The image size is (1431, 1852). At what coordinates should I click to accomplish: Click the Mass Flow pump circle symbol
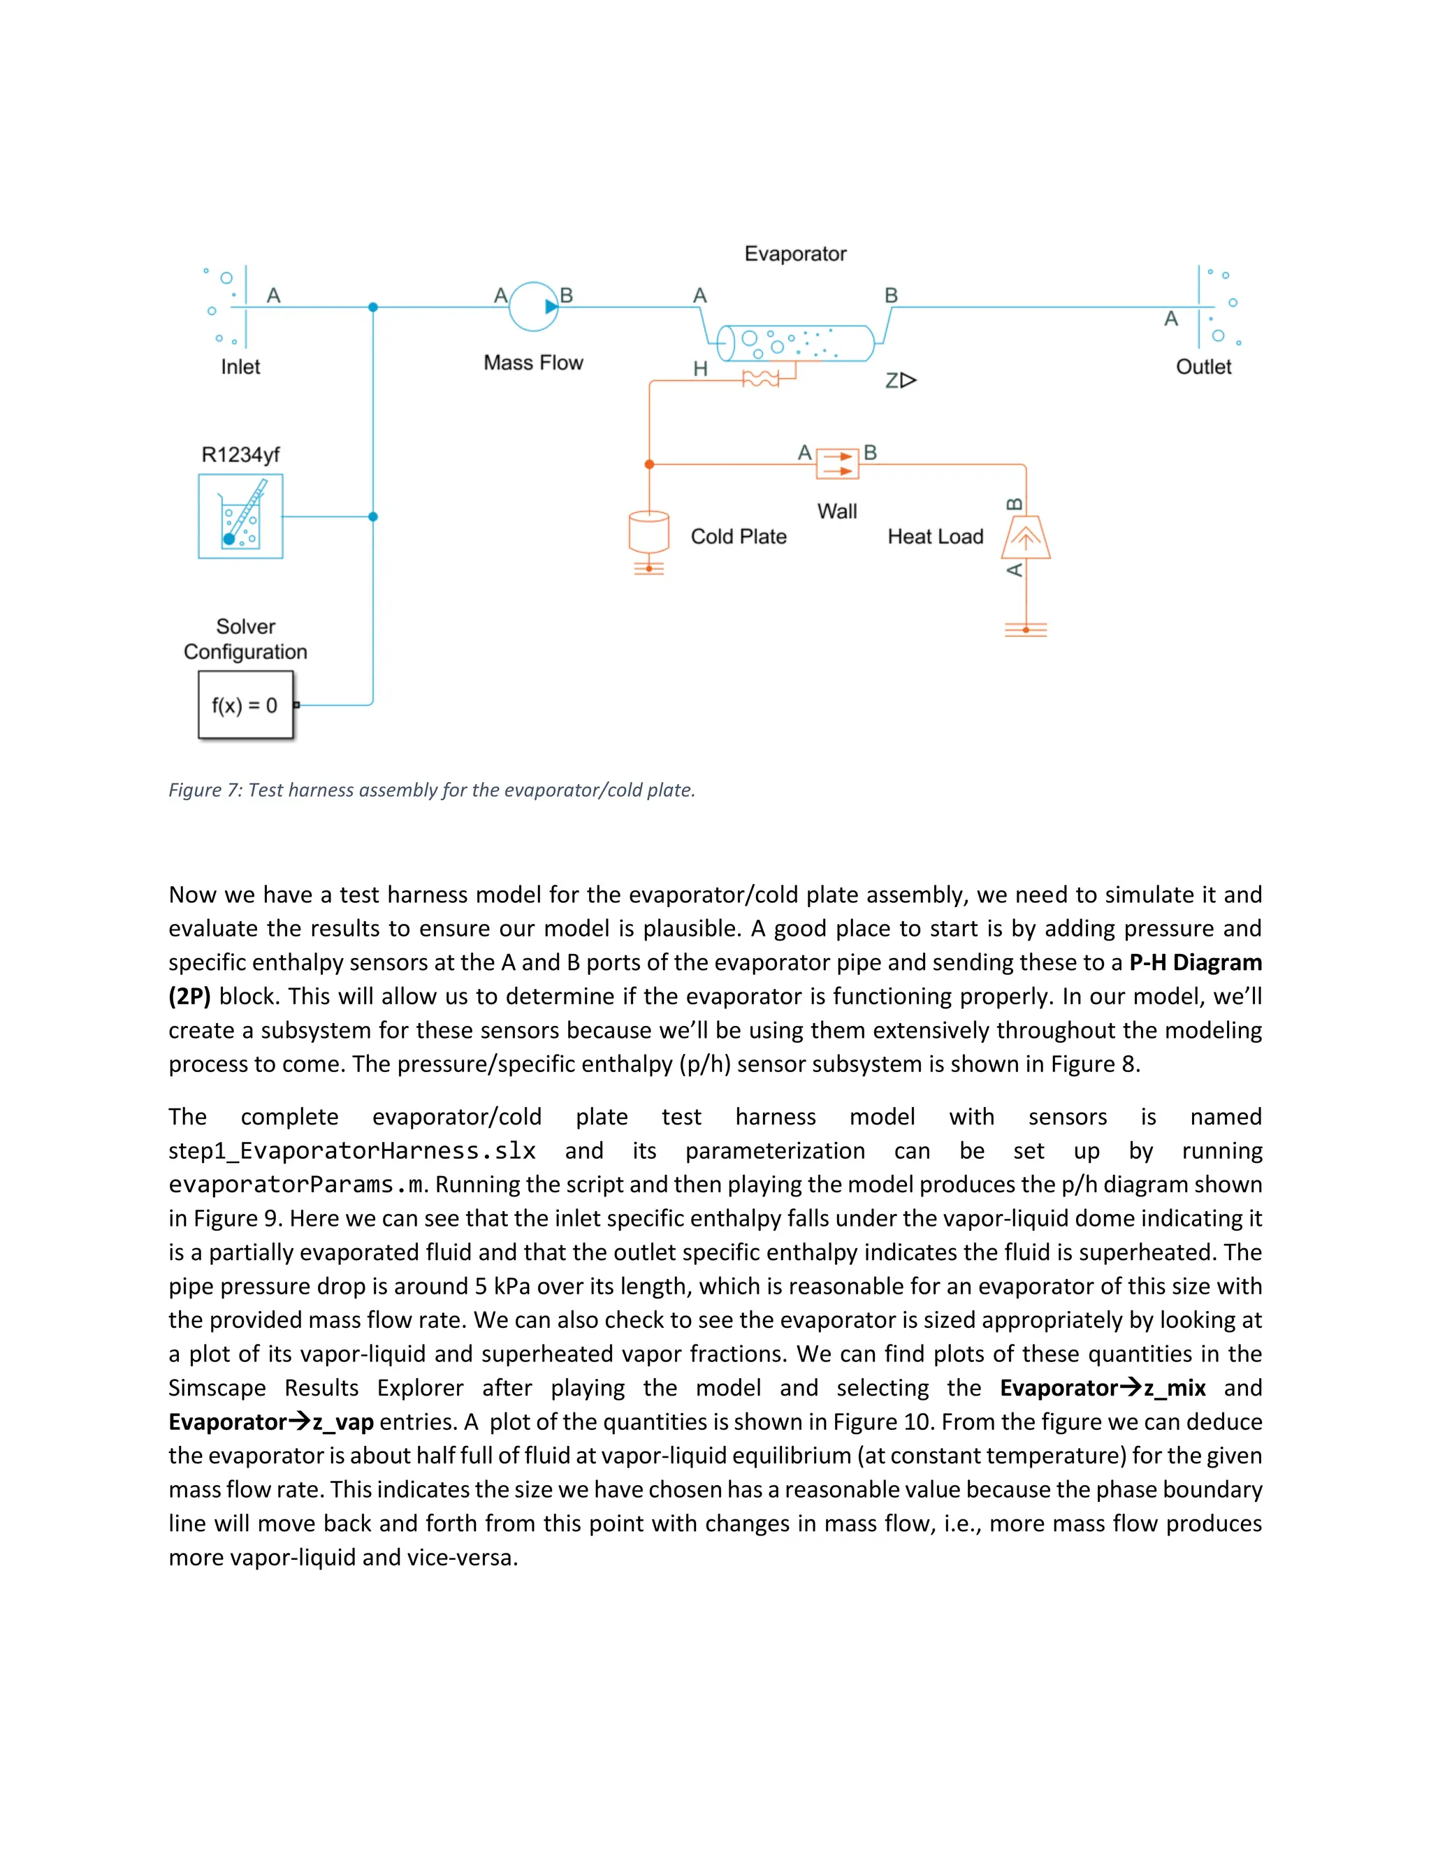(x=533, y=306)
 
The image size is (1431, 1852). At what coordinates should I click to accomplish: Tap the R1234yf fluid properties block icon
(x=241, y=516)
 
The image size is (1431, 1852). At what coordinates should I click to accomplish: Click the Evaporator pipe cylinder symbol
(x=795, y=343)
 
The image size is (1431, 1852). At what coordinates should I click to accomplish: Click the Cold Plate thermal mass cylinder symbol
(x=648, y=532)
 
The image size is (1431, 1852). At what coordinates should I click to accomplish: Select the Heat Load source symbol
(x=1026, y=537)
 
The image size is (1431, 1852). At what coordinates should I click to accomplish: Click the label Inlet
(x=241, y=367)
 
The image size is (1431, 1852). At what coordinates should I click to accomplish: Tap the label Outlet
(x=1203, y=367)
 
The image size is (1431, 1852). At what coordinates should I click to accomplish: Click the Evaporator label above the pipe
(x=795, y=254)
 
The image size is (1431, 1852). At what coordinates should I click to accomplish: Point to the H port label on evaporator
(x=700, y=369)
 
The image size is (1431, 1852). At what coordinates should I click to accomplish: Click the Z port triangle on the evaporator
(x=908, y=381)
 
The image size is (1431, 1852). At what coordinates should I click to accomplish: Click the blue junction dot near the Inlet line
(x=373, y=307)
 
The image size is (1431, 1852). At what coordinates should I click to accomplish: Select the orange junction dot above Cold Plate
(x=649, y=465)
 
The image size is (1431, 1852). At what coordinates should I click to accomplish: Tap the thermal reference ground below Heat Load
(x=1026, y=630)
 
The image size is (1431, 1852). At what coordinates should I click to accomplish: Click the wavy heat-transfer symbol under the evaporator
(x=760, y=379)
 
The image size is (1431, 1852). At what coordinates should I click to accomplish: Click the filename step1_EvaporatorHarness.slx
(x=352, y=1151)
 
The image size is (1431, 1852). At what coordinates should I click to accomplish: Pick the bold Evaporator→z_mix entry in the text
(x=1102, y=1388)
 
